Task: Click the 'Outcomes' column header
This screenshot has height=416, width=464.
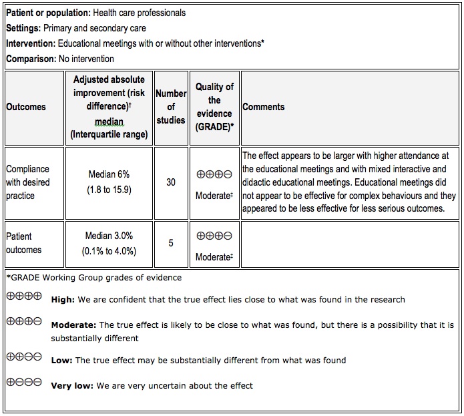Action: [x=26, y=107]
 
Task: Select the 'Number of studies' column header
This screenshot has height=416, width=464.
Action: [x=171, y=107]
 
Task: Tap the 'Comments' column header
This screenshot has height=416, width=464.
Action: [x=263, y=107]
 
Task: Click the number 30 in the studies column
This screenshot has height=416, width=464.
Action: [x=171, y=182]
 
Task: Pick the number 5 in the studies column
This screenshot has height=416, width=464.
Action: [x=171, y=243]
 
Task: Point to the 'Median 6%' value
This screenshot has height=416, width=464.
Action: [x=109, y=175]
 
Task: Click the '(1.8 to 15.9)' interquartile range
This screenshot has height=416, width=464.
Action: [x=109, y=190]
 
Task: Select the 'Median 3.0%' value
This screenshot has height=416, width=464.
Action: [x=109, y=236]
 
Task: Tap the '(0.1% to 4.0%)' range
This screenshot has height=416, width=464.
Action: [x=109, y=251]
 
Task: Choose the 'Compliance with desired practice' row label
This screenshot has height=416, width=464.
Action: [x=28, y=182]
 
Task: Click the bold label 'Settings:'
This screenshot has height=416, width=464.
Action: [x=23, y=28]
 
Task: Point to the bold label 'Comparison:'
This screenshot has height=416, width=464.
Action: [x=31, y=59]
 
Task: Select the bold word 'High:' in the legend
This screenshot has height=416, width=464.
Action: [x=63, y=299]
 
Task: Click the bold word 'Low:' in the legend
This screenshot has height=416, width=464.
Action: [x=61, y=361]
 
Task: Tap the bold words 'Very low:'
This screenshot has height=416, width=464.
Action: [x=72, y=386]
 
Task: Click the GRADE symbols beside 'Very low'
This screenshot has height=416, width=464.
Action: [x=24, y=383]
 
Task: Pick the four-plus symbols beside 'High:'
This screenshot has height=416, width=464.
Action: [x=24, y=296]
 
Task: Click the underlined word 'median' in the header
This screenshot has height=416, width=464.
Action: [x=109, y=121]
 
